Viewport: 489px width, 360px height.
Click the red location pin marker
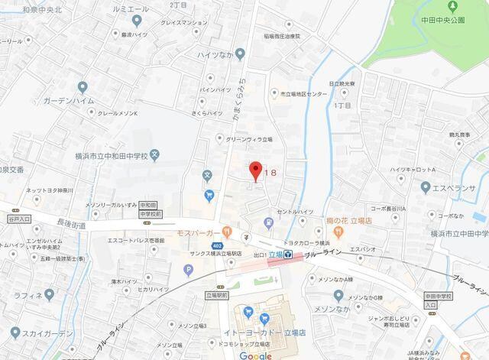[256, 170]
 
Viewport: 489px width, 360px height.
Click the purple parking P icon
[189, 268]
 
